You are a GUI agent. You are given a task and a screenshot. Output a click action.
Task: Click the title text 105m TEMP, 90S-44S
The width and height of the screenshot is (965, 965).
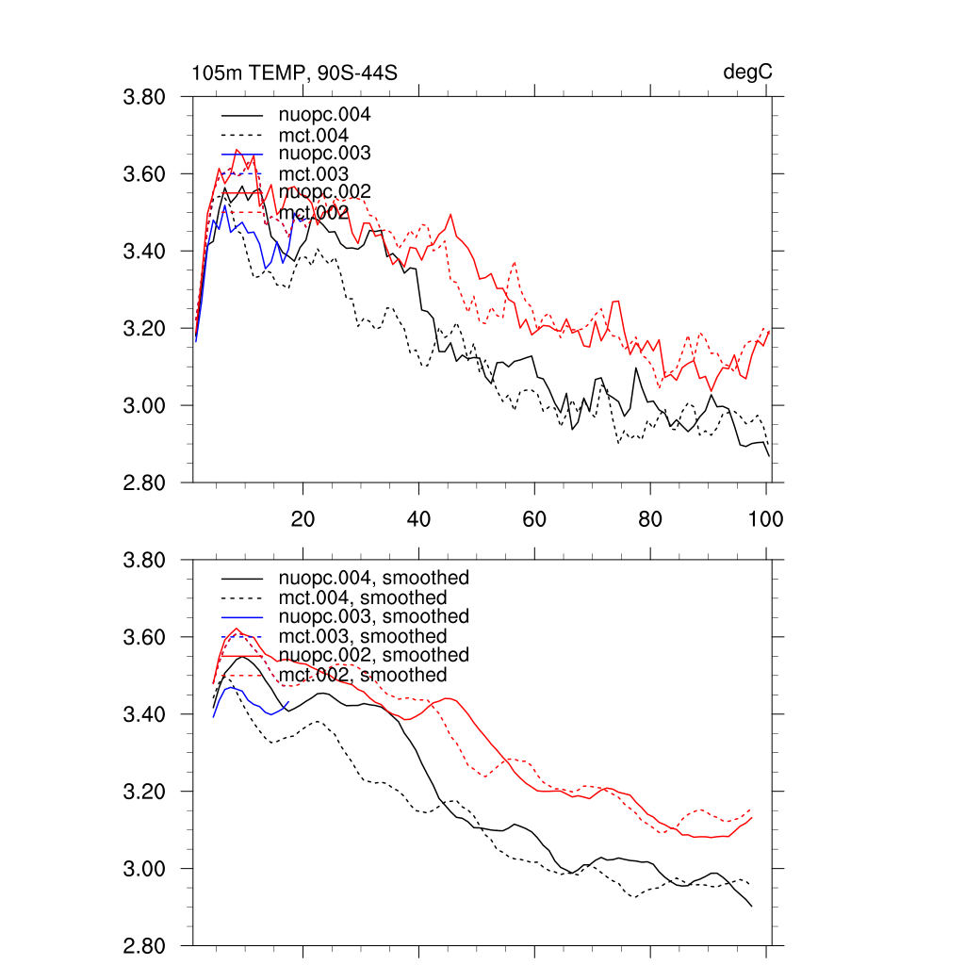[294, 73]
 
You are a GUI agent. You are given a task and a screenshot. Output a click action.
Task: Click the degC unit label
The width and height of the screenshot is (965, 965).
[748, 73]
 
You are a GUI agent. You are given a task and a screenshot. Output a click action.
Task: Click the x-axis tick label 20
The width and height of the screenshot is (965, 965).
[303, 518]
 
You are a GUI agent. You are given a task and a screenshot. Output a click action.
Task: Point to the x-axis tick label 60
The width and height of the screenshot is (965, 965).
[534, 518]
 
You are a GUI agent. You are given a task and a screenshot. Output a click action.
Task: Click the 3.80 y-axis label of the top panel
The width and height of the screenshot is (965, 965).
[145, 97]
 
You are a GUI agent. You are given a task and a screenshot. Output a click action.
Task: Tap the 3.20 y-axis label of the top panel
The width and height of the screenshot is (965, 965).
[145, 329]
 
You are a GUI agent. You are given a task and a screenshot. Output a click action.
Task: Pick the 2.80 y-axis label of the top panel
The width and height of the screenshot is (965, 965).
[145, 483]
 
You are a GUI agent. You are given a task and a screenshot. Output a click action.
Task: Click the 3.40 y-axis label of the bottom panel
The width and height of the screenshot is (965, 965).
[145, 714]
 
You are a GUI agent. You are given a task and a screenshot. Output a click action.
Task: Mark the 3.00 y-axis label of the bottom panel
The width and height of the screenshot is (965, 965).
[145, 869]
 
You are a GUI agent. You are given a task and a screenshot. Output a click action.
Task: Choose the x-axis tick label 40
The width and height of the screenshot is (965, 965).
[418, 518]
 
